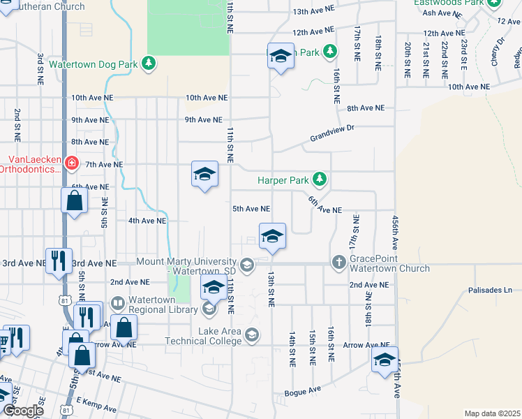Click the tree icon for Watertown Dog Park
pos(149,64)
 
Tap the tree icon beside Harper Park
pos(320,180)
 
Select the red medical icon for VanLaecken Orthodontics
pos(71,163)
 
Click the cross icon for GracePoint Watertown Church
pos(338,263)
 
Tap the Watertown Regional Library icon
pos(209,308)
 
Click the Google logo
pos(23,411)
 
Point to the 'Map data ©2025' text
pos(492,413)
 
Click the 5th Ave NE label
pos(251,209)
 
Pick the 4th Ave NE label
pos(147,221)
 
